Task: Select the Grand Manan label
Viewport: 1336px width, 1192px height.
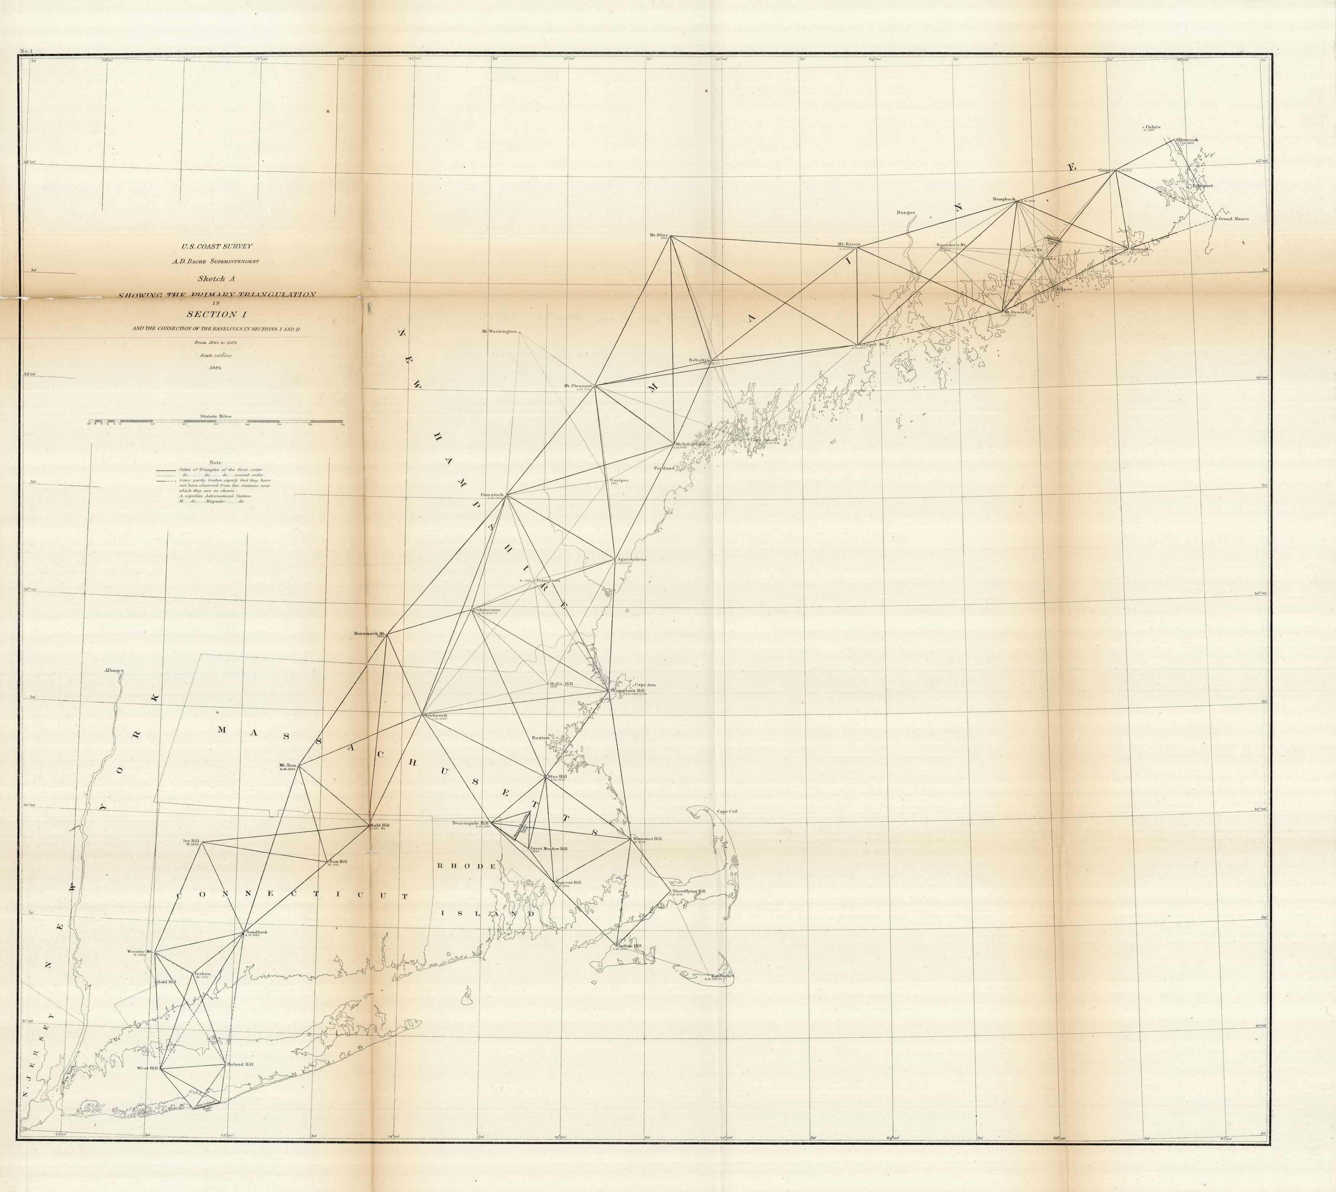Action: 1233,219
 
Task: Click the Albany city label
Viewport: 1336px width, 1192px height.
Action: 113,671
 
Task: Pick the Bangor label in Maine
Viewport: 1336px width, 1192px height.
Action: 906,212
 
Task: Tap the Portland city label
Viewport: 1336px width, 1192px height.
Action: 664,468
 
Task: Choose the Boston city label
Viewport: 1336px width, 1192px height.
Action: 540,738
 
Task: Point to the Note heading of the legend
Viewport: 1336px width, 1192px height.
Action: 215,462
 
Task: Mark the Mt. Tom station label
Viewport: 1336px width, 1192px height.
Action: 288,765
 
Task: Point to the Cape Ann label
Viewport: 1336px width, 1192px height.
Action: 644,685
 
